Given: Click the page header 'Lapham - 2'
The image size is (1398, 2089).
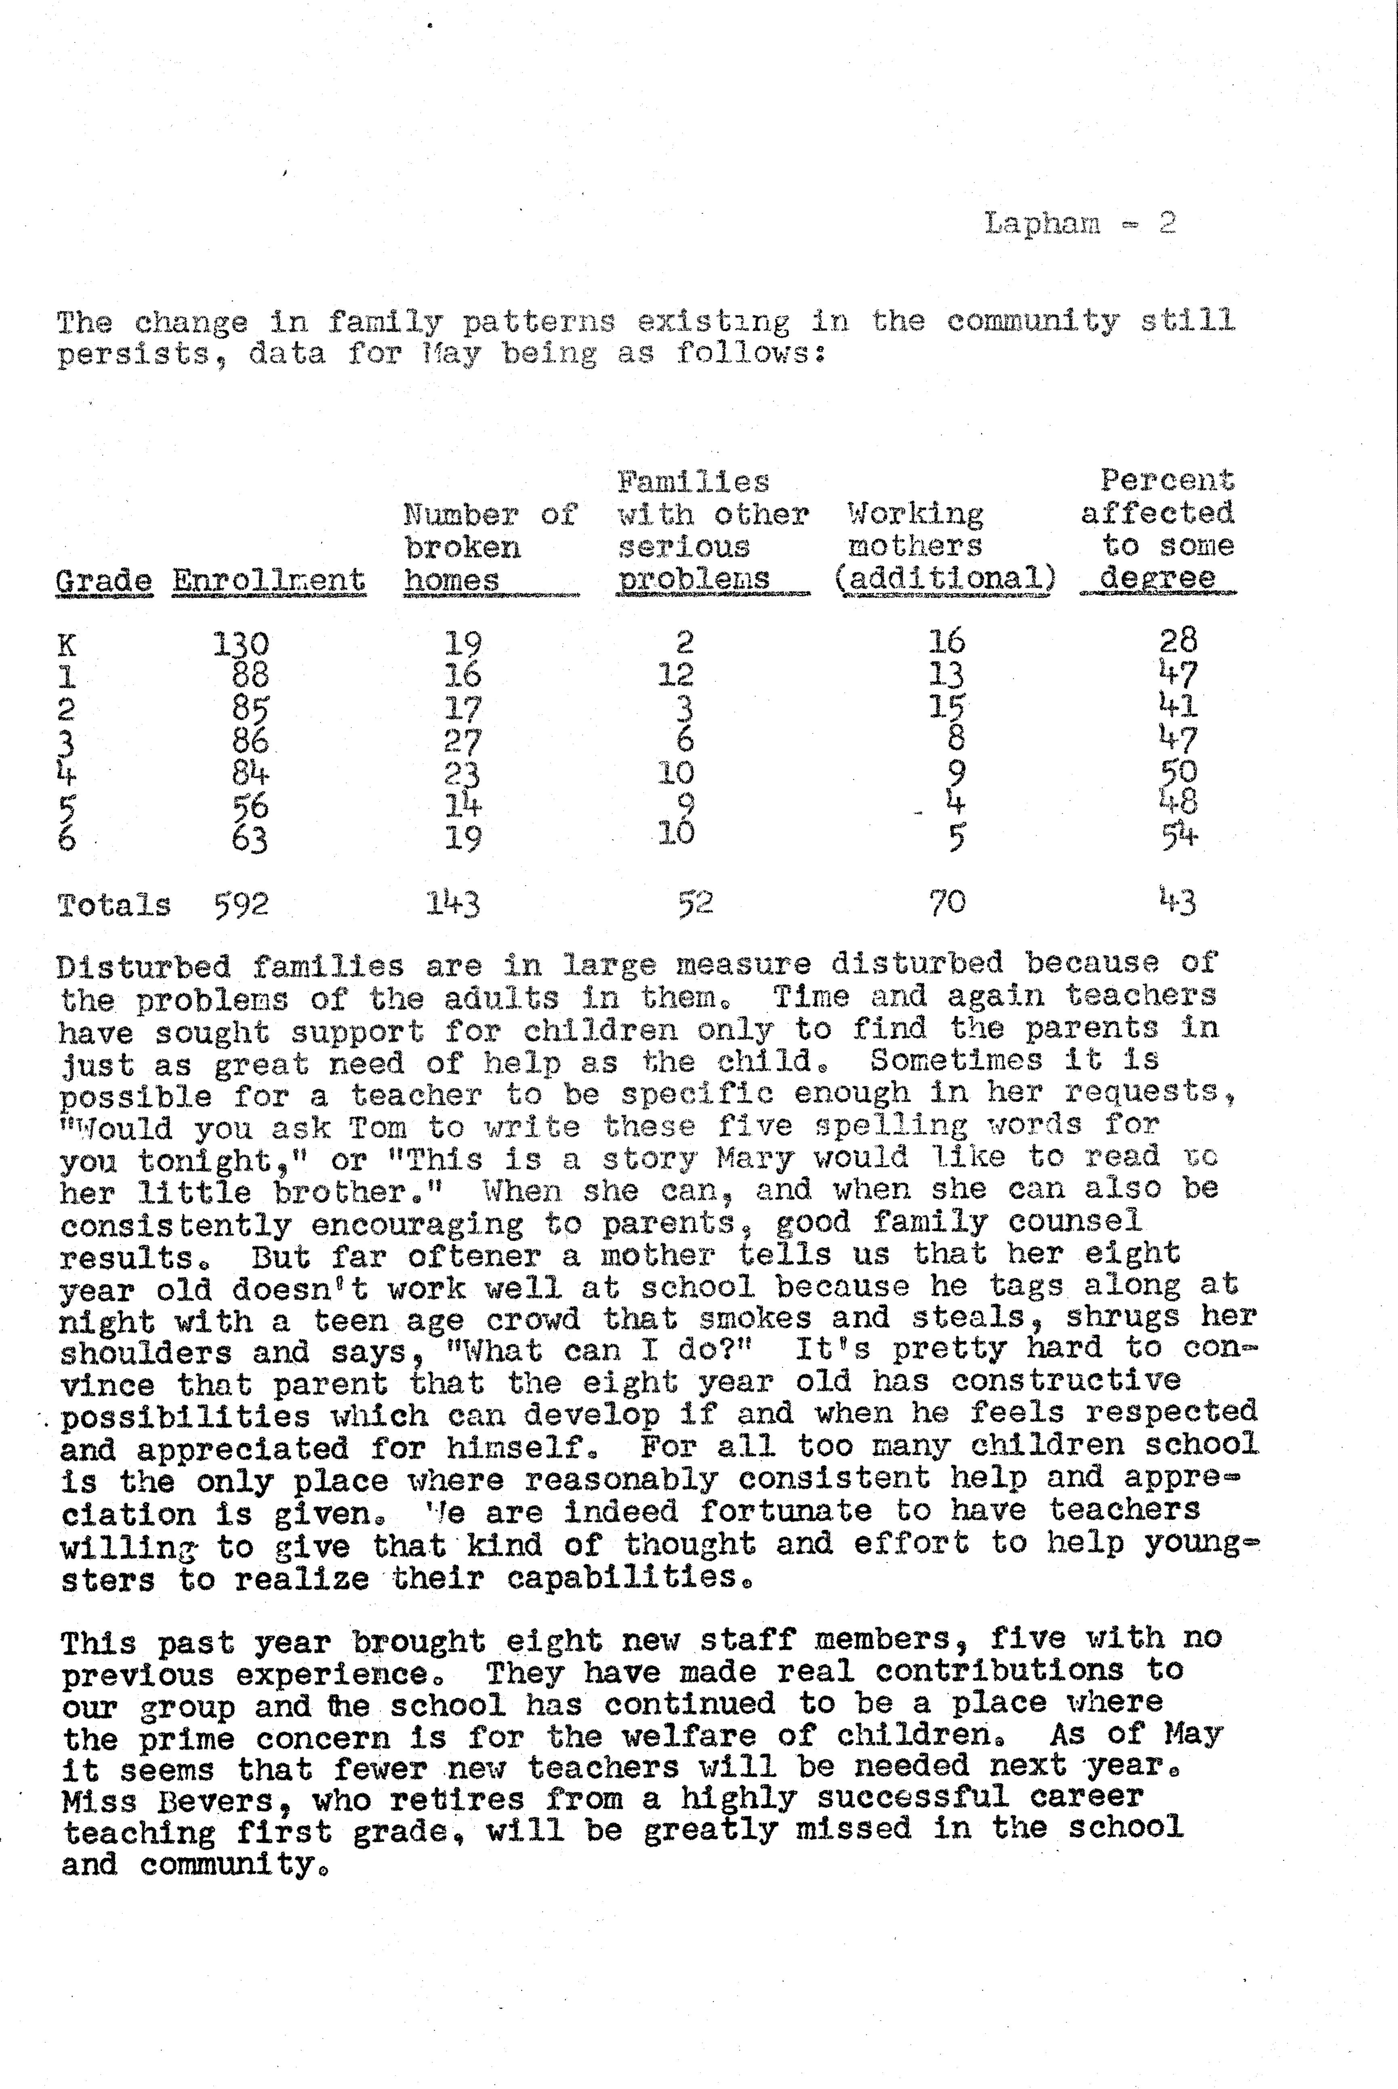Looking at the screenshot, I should (x=1080, y=223).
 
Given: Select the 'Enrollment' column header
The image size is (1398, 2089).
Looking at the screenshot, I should (x=268, y=579).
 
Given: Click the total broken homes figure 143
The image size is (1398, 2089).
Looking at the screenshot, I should (x=453, y=904).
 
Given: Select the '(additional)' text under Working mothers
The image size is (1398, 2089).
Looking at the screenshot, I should (x=945, y=578).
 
